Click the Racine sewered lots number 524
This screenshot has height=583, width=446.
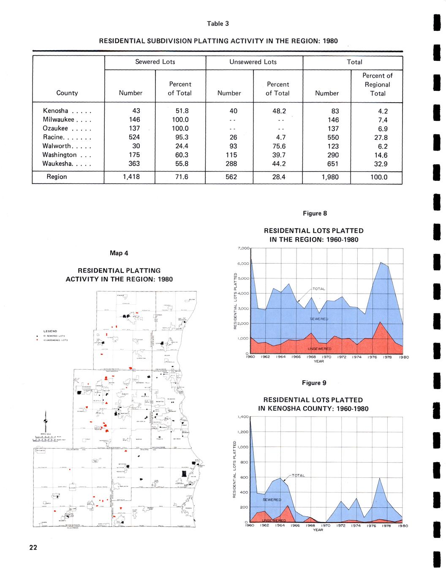point(134,137)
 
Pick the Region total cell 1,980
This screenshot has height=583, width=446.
point(327,177)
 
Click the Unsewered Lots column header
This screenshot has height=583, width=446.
point(253,62)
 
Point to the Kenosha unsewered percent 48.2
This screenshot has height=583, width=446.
point(277,111)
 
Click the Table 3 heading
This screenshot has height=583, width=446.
point(218,24)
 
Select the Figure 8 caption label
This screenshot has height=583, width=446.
point(315,213)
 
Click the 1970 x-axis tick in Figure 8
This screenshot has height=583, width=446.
point(327,357)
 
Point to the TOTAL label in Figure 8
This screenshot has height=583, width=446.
point(319,289)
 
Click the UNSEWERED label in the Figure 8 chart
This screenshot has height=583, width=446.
point(319,349)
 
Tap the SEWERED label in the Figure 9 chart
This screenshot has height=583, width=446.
point(272,500)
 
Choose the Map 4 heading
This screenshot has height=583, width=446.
point(119,253)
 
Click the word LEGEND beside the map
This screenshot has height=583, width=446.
point(50,331)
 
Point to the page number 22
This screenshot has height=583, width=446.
point(33,548)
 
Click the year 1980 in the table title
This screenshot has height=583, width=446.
point(330,41)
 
